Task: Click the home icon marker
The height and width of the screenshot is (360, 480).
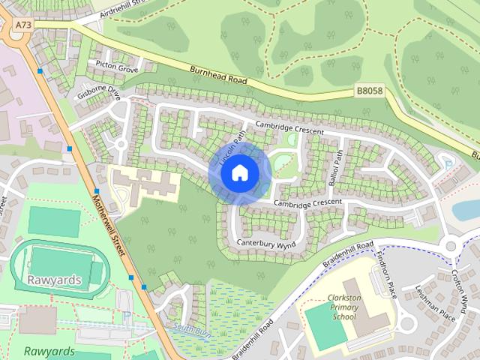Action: [239, 173]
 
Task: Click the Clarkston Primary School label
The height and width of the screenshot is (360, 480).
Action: [334, 307]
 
